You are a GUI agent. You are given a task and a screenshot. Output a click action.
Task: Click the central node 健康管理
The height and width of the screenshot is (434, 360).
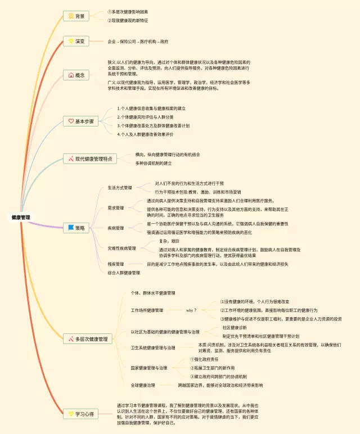pyautogui.click(x=21, y=217)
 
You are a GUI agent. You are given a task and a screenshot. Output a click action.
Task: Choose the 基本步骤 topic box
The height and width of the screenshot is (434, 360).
pyautogui.click(x=81, y=121)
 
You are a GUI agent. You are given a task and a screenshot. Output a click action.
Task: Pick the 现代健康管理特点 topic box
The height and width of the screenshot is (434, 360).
pyautogui.click(x=90, y=159)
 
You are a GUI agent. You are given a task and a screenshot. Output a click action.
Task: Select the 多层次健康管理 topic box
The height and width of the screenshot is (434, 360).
pyautogui.click(x=89, y=339)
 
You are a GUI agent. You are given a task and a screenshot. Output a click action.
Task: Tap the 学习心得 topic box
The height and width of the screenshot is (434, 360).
pyautogui.click(x=80, y=414)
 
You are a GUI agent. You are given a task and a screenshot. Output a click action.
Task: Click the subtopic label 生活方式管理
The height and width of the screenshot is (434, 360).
pyautogui.click(x=120, y=188)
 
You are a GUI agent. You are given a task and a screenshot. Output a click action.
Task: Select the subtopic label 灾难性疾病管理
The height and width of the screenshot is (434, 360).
pyautogui.click(x=121, y=248)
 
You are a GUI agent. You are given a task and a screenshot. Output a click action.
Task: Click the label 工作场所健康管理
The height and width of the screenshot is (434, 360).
pyautogui.click(x=147, y=310)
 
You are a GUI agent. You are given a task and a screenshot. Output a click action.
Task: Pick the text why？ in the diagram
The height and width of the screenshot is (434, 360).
pyautogui.click(x=191, y=310)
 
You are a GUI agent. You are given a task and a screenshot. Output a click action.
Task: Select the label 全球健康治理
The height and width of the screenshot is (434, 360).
pyautogui.click(x=143, y=385)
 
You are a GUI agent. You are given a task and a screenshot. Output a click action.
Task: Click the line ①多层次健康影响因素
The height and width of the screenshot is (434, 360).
pyautogui.click(x=128, y=12)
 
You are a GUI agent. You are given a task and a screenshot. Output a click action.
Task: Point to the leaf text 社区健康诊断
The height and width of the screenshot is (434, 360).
pyautogui.click(x=235, y=327)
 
